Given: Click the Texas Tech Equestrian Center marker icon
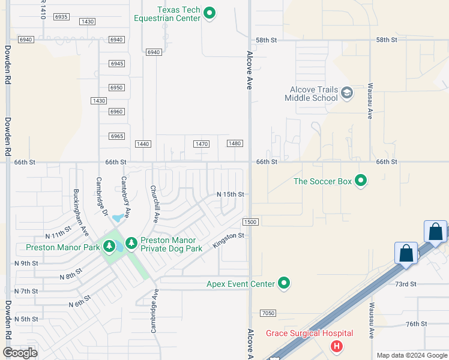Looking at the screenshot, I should [209, 13].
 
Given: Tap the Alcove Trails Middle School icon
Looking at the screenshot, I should [346, 93].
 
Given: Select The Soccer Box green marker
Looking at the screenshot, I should [361, 181].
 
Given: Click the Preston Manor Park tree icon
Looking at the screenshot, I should [109, 246].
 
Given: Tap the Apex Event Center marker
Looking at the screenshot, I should [285, 283].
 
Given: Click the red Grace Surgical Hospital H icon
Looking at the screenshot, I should [337, 346].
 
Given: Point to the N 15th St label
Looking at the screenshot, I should [231, 194].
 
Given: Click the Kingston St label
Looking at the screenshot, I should [228, 241].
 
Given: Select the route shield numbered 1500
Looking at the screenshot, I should [250, 222].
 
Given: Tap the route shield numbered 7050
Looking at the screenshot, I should [268, 313].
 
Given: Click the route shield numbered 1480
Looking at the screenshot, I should [235, 143].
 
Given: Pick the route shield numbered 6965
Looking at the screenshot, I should [116, 136].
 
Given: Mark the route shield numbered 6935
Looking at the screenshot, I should [61, 17].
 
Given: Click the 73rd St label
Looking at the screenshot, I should [406, 283].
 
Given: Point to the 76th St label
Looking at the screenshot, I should [415, 323].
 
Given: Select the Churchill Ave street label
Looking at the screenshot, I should [154, 204].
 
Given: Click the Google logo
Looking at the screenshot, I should [20, 353].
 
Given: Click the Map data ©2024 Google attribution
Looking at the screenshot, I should [411, 355].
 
